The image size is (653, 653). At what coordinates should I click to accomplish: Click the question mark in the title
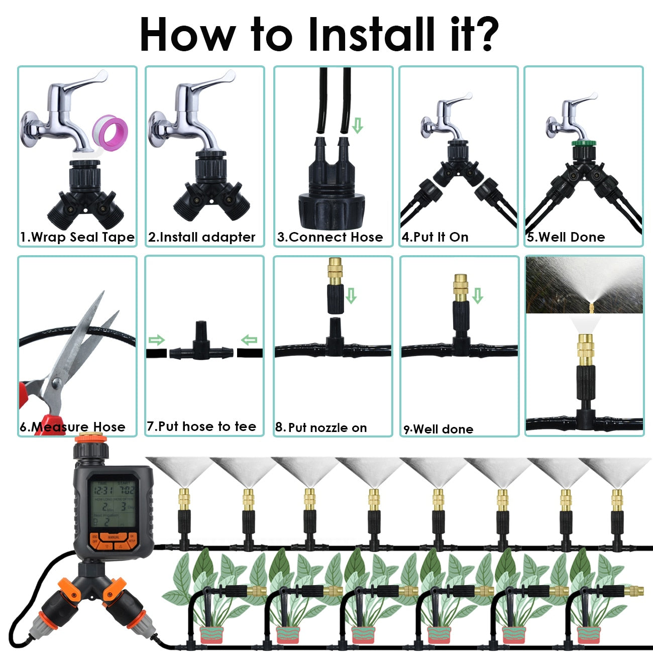tap(481, 34)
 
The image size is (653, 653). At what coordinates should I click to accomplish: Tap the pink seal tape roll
tap(114, 133)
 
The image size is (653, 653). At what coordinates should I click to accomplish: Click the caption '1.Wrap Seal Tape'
tap(77, 237)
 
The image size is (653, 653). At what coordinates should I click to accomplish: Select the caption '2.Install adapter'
tap(202, 237)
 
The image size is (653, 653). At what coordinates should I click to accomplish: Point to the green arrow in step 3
tap(357, 125)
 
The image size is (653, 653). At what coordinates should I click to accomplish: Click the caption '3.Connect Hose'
tap(330, 237)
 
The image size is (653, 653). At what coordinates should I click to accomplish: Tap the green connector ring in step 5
tap(584, 143)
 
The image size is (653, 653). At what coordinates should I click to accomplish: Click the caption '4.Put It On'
tap(435, 237)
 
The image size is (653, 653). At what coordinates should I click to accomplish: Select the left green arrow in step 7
tap(157, 341)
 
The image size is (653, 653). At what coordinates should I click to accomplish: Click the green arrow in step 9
tap(477, 296)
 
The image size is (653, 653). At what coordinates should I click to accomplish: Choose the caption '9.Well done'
tap(439, 429)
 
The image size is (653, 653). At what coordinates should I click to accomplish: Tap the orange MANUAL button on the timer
tap(114, 537)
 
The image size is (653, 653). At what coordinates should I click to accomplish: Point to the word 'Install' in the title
tap(371, 34)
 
